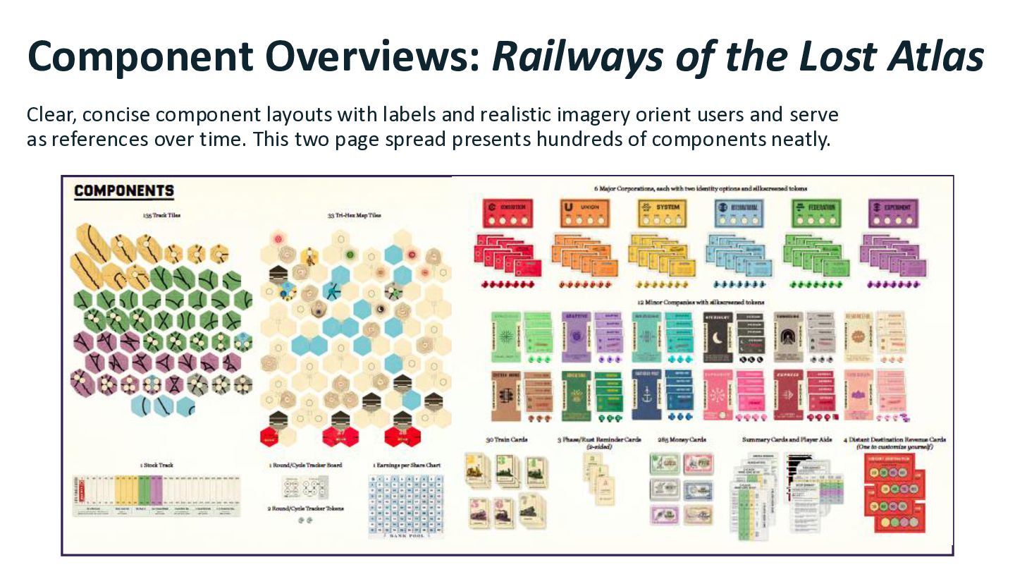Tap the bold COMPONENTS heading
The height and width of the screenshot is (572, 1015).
click(124, 191)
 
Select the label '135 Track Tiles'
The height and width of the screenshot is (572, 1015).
click(161, 214)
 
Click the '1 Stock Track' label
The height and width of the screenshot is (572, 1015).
click(156, 465)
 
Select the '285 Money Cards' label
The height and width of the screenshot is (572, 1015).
click(682, 439)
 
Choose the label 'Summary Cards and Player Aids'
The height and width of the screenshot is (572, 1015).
click(787, 439)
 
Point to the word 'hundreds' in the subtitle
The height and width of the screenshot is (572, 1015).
click(591, 139)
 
